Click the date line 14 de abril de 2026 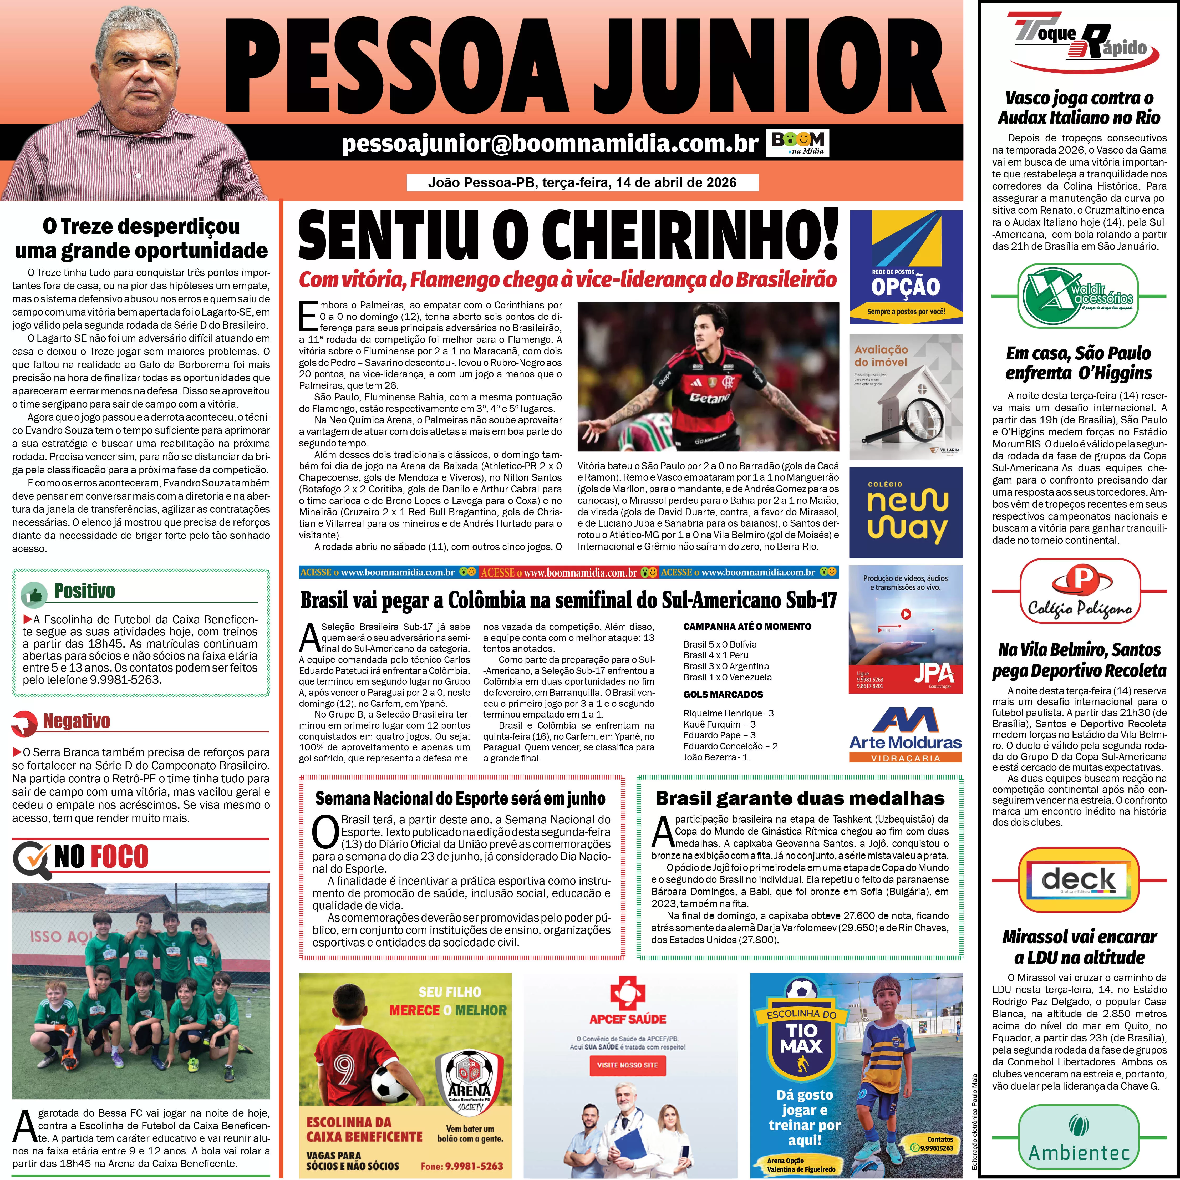click(582, 183)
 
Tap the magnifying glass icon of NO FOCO click(30, 857)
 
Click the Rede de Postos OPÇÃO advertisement click(906, 267)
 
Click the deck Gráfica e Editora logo click(1079, 880)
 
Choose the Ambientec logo click(1079, 1141)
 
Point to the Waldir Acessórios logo click(1079, 296)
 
